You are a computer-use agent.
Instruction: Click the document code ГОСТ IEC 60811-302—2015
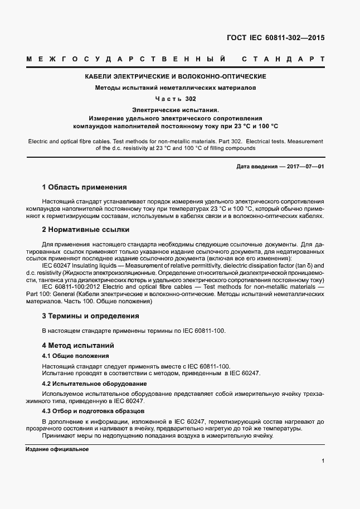[275, 38]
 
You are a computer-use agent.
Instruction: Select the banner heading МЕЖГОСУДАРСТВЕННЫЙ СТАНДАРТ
[175, 59]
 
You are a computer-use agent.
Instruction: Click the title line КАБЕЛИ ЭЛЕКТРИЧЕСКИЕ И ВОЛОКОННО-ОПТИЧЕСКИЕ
[175, 76]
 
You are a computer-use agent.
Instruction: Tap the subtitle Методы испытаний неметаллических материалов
[175, 88]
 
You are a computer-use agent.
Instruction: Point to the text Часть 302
[175, 99]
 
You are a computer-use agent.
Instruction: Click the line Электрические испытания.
[175, 110]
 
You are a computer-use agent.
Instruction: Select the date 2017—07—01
[305, 167]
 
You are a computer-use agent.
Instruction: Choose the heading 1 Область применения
[84, 187]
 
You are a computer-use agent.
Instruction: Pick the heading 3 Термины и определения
[90, 316]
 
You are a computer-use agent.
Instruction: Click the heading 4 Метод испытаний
[78, 345]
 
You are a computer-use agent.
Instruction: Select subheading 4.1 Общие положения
[75, 356]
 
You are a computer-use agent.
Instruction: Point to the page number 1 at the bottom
[323, 461]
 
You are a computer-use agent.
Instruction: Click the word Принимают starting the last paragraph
[59, 435]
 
